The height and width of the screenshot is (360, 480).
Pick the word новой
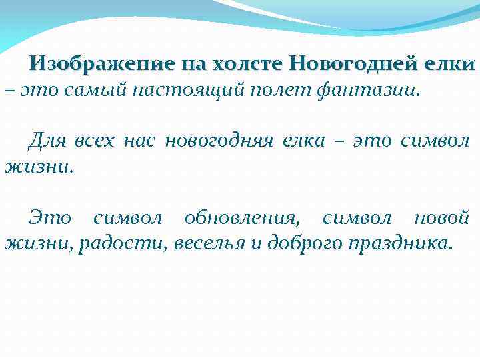(x=441, y=217)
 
